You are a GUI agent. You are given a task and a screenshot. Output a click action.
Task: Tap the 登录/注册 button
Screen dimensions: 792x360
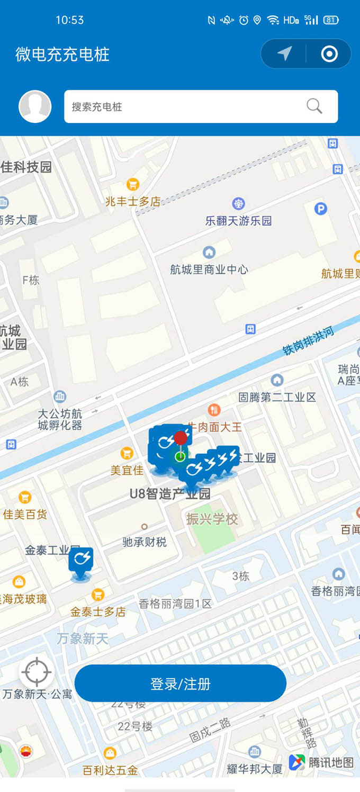coord(181,683)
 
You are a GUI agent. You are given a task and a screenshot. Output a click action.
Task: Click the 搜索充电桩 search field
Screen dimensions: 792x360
coord(180,106)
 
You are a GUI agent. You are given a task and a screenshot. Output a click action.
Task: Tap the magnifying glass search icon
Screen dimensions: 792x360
coord(314,106)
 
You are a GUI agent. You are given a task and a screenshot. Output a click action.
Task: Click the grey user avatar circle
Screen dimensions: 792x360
coord(35,106)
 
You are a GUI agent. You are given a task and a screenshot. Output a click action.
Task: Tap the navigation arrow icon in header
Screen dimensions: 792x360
coord(284,53)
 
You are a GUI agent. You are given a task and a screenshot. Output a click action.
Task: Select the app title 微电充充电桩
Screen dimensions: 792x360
coord(62,55)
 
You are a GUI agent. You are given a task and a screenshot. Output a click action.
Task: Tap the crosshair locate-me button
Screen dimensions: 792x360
coord(37,672)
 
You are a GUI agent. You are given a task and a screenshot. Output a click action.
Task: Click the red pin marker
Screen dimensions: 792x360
coord(181,438)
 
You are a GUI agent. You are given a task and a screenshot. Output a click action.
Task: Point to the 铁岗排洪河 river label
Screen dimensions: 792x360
coord(309,341)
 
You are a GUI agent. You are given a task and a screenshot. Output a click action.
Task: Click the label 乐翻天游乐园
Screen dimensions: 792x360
coord(238,221)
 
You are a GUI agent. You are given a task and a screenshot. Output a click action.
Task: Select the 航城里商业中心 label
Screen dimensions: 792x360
coord(209,269)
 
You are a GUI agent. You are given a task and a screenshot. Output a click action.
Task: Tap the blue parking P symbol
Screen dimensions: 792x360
coord(321,209)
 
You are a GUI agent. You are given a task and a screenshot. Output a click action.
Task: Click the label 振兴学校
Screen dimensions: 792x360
coord(212,519)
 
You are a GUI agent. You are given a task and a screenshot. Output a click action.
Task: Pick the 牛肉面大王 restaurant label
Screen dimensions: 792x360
coord(215,426)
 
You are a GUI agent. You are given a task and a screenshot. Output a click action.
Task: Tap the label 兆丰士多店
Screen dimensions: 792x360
coord(133,201)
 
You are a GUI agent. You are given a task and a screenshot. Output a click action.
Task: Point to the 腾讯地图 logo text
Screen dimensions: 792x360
coord(331,762)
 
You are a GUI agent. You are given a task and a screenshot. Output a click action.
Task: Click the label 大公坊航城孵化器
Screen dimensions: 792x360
coord(60,419)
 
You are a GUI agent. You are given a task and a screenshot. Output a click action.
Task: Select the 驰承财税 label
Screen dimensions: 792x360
coord(145,542)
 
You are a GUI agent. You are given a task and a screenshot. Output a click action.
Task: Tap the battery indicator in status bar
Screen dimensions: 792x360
coord(331,20)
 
